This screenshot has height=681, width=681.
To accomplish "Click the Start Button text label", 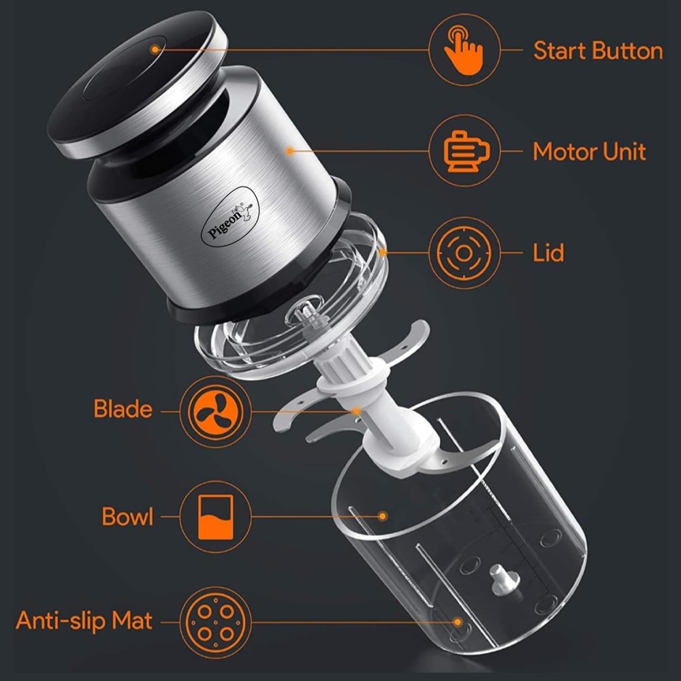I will pos(597,51).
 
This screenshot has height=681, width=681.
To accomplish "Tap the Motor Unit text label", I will pos(589,151).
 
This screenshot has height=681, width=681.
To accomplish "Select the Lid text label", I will pos(548,253).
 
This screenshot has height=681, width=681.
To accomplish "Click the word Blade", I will pos(123,409).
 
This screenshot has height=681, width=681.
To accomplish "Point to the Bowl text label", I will pos(128,516).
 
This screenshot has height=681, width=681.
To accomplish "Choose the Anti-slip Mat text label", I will pos(84,621).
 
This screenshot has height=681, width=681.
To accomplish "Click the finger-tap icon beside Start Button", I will pos(464,50).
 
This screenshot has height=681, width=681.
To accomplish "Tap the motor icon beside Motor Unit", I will pos(464,151).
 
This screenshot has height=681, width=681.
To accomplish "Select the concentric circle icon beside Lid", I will pos(464,253).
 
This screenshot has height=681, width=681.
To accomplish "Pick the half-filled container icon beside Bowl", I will pos(215,516).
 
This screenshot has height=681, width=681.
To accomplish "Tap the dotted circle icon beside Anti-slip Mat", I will pos(215,621).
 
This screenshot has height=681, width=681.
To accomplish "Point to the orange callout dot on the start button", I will pos(155,49).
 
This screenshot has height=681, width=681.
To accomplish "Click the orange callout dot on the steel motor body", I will pos(289,151).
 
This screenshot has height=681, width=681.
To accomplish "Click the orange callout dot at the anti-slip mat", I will pos(458,621).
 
